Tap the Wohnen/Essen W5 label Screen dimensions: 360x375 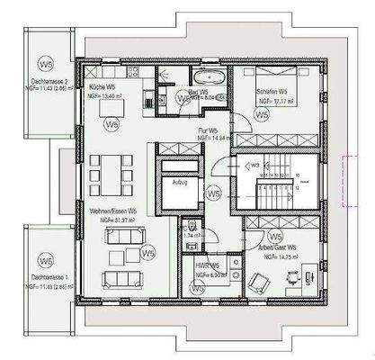112,210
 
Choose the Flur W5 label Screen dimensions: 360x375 209,130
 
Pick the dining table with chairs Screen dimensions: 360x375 109,170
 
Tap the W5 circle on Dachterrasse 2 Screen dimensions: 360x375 44,64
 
